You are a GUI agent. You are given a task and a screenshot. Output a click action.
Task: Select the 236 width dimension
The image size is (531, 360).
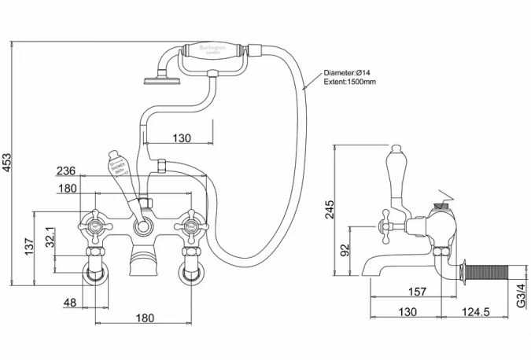[66, 171]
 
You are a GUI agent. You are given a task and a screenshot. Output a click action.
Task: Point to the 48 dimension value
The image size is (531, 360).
[69, 302]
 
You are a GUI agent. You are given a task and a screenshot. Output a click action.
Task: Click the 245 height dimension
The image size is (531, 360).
[330, 208]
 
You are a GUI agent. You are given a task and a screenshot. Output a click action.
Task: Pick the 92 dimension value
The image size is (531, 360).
[344, 251]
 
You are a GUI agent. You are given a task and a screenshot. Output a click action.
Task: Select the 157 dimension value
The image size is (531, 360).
[417, 292]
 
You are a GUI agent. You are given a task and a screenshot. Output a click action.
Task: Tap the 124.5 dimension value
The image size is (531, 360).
[477, 312]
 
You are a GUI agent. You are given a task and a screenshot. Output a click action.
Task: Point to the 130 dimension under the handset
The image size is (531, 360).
[181, 138]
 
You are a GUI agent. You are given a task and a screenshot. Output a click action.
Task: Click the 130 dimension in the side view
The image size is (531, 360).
[406, 312]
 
